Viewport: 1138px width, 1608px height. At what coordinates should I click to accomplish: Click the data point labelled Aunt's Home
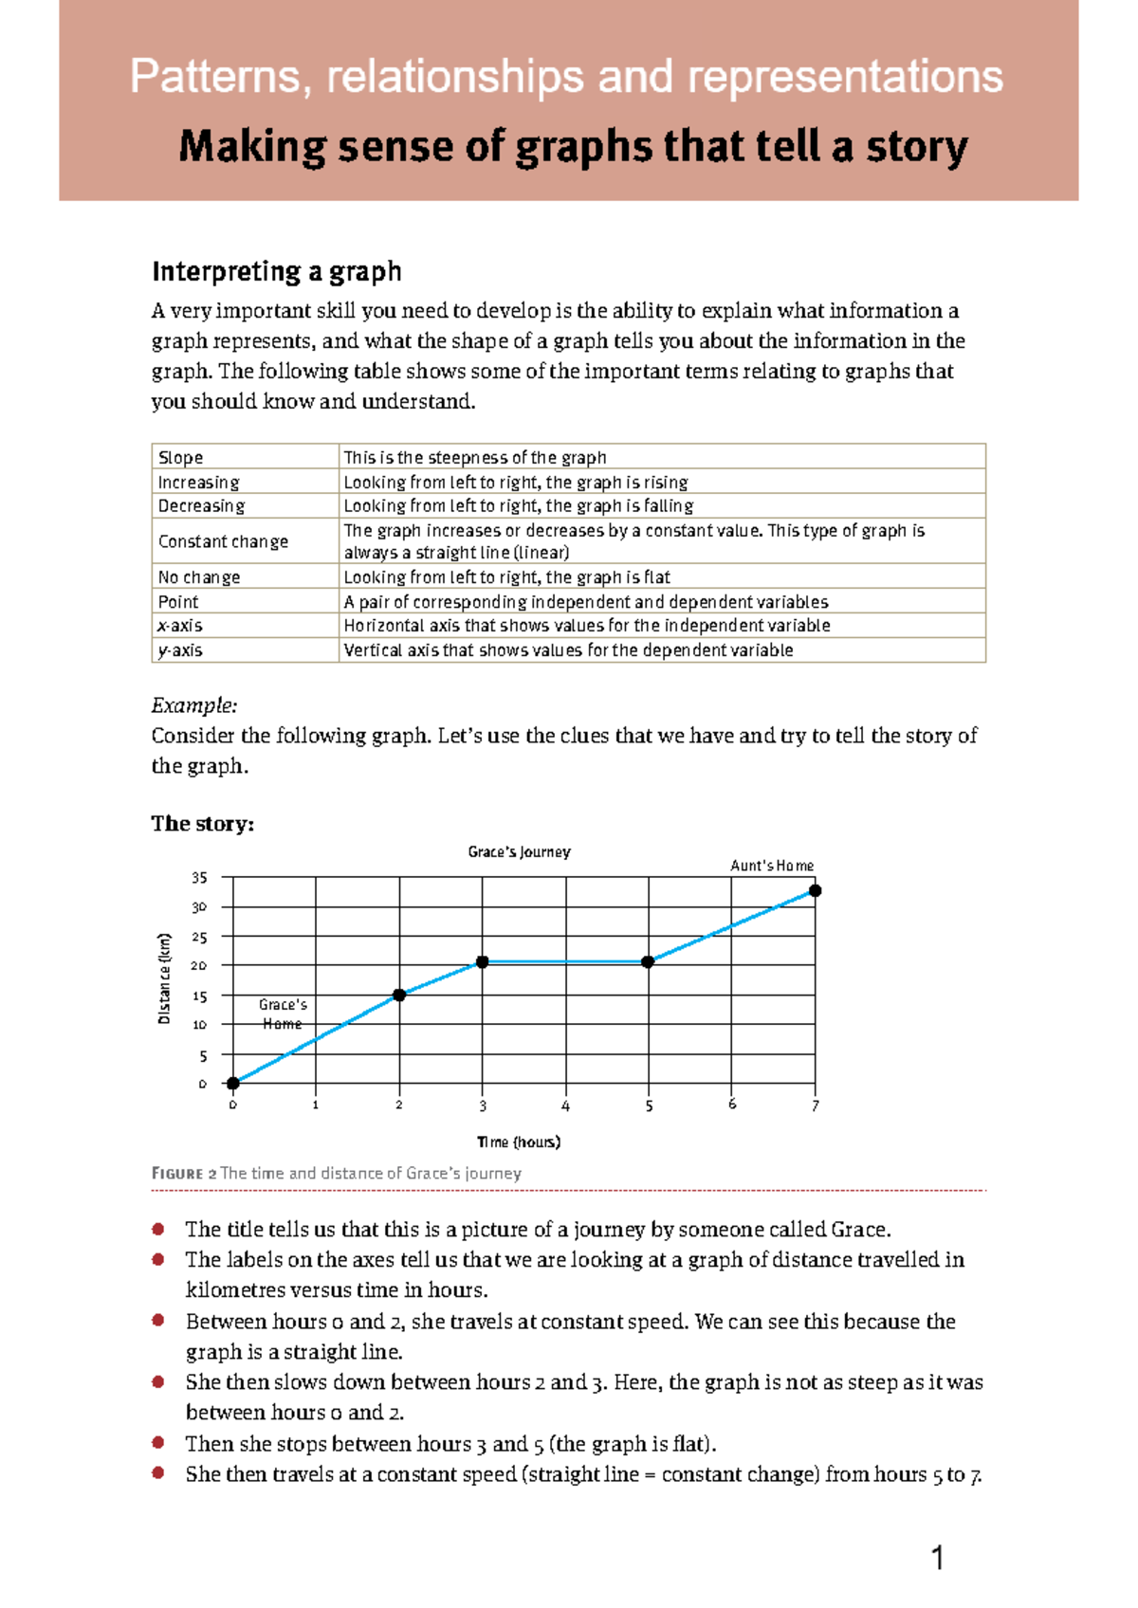pyautogui.click(x=815, y=890)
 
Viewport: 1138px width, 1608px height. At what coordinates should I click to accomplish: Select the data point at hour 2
pyautogui.click(x=399, y=995)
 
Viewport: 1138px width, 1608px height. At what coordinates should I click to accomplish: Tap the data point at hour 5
pyautogui.click(x=648, y=961)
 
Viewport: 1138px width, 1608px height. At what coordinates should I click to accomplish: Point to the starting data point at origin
pyautogui.click(x=232, y=1083)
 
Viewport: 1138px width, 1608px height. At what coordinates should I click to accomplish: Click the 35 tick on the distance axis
pyautogui.click(x=199, y=878)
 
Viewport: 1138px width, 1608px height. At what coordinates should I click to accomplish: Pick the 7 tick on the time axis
pyautogui.click(x=815, y=1105)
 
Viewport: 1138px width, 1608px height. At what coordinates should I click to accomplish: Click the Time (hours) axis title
pyautogui.click(x=519, y=1142)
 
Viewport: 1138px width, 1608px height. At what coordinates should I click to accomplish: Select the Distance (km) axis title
pyautogui.click(x=165, y=978)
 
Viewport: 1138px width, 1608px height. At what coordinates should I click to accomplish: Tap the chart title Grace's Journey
pyautogui.click(x=519, y=851)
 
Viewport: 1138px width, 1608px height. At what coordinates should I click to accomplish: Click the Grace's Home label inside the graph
pyautogui.click(x=283, y=1014)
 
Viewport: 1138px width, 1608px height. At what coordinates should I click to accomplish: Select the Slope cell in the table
pyautogui.click(x=181, y=457)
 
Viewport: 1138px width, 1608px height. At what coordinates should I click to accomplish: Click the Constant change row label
pyautogui.click(x=223, y=541)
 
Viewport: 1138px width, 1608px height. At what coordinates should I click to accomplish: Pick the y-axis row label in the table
pyautogui.click(x=180, y=650)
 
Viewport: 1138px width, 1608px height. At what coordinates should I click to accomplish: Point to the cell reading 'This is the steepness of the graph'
pyautogui.click(x=474, y=457)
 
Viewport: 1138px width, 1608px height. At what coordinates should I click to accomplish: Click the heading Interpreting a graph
pyautogui.click(x=276, y=272)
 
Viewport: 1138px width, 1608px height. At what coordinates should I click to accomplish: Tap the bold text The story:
pyautogui.click(x=202, y=823)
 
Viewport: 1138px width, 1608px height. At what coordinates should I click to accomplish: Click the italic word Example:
pyautogui.click(x=194, y=705)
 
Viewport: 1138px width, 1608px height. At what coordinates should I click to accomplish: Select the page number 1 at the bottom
pyautogui.click(x=937, y=1558)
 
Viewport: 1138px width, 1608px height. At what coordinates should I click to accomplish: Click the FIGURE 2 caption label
pyautogui.click(x=184, y=1173)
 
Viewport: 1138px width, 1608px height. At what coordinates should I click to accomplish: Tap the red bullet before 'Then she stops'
pyautogui.click(x=158, y=1442)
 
